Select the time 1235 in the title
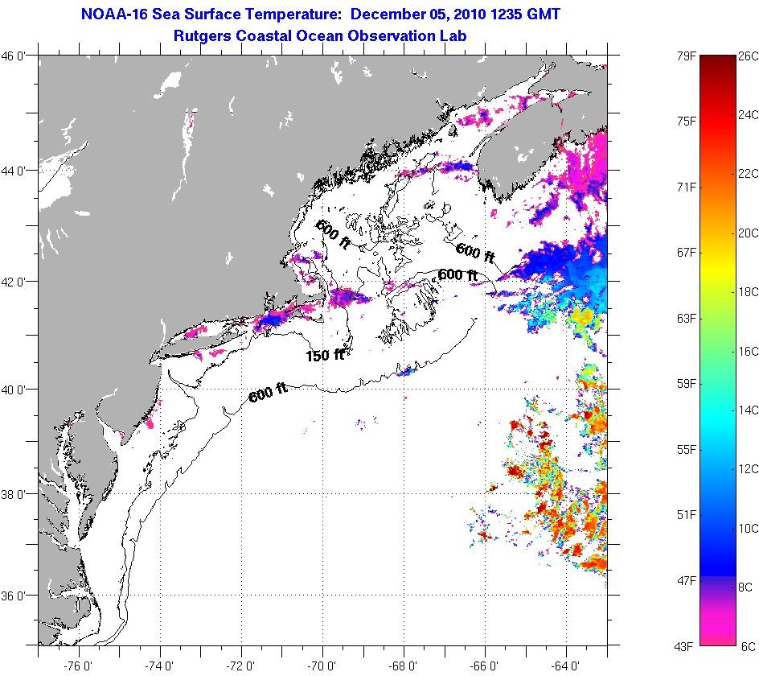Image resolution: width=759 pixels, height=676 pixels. point(510,14)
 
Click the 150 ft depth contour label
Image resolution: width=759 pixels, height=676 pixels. point(325,354)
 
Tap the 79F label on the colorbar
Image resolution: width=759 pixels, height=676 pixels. point(684,56)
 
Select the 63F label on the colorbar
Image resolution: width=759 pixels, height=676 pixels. point(684,318)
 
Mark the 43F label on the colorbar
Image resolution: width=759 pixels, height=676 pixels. point(684,645)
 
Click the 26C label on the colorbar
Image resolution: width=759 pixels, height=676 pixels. point(747,56)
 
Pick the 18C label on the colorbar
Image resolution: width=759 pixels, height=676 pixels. point(747,292)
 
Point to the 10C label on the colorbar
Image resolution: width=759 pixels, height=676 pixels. point(747,528)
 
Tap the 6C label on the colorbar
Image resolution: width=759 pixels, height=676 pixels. point(747,645)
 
